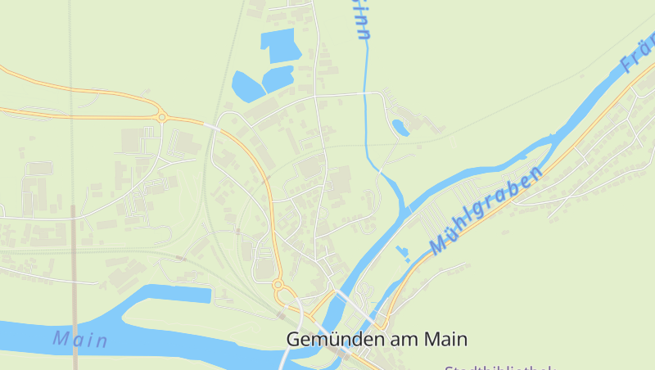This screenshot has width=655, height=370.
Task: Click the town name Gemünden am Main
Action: (377, 339)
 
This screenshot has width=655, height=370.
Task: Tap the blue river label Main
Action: (80, 339)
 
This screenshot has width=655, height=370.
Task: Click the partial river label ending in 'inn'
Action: (361, 20)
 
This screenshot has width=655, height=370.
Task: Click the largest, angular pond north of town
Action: (279, 44)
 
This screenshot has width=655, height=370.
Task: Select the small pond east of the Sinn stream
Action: (400, 127)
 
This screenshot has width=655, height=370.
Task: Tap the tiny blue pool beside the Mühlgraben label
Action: (402, 253)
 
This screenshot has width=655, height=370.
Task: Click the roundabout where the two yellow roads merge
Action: (162, 117)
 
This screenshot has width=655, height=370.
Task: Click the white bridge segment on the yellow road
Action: (212, 127)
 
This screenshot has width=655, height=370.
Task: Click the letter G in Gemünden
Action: (294, 339)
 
